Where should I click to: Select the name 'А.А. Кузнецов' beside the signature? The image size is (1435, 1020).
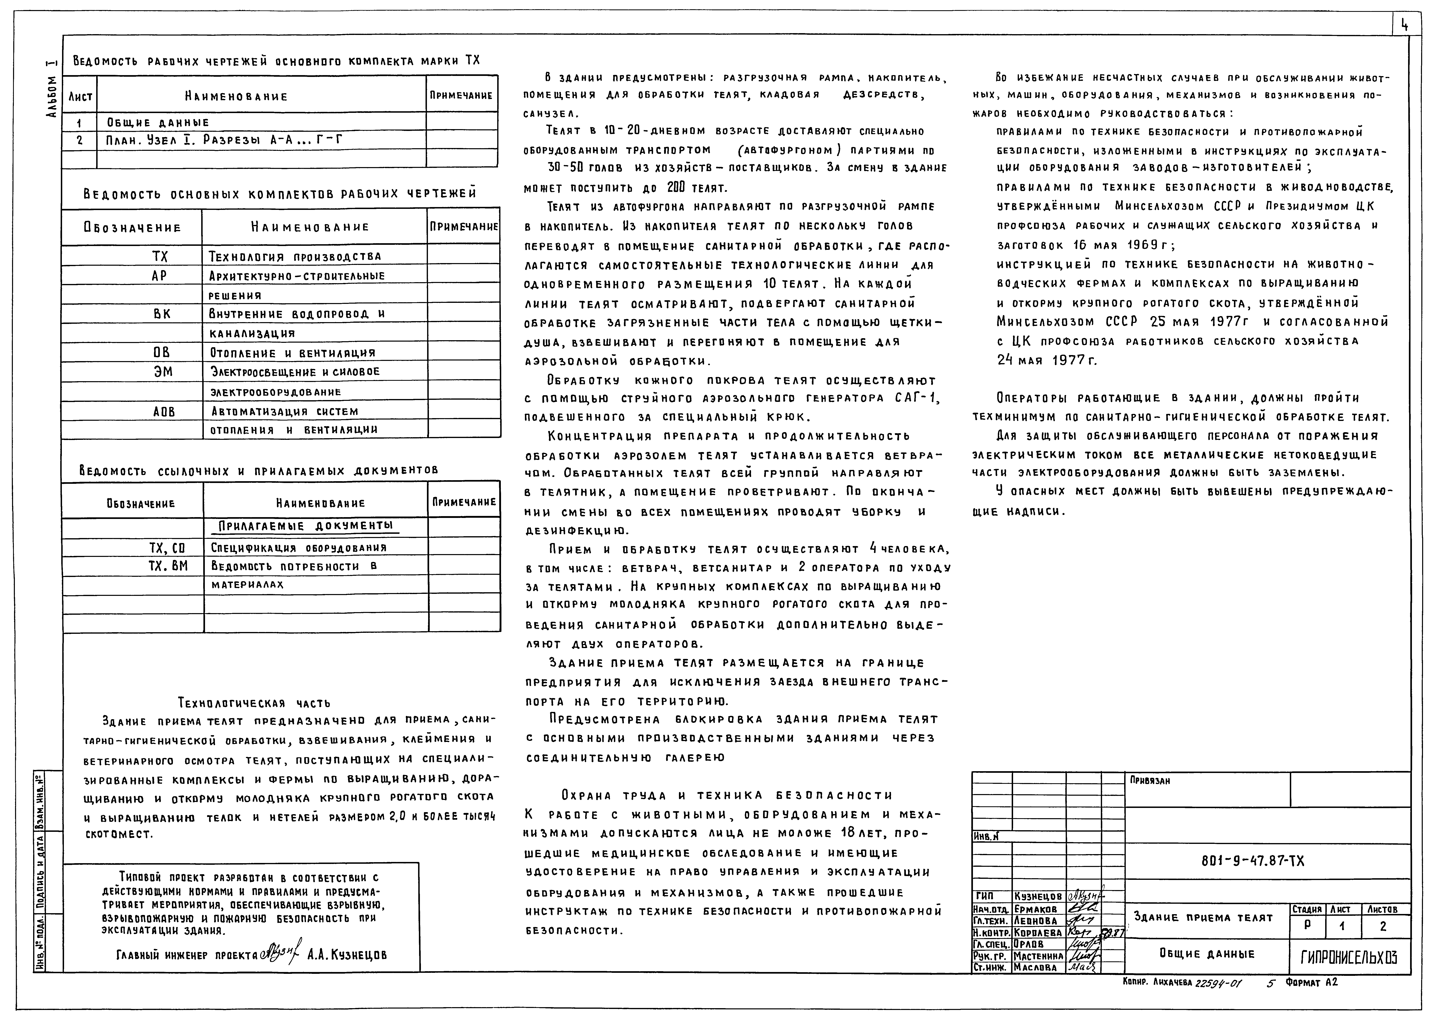click(347, 955)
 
